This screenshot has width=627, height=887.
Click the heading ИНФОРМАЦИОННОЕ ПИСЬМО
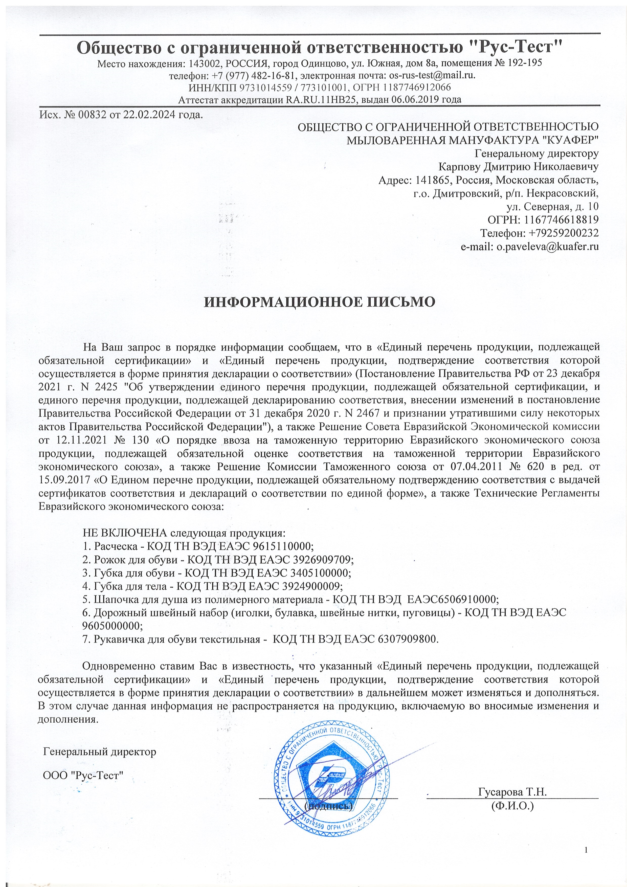tap(320, 302)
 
